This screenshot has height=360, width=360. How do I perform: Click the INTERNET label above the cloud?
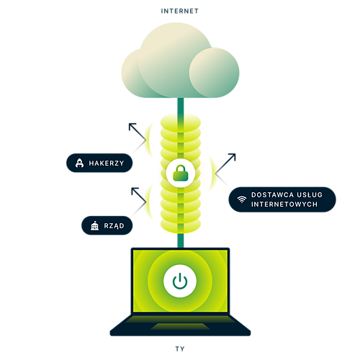[x=179, y=11]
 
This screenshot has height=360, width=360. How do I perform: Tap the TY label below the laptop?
[x=180, y=348]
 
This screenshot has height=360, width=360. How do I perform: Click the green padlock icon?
[x=181, y=173]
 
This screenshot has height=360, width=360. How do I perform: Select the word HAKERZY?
[x=107, y=163]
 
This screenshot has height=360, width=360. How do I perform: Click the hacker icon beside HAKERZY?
[x=79, y=163]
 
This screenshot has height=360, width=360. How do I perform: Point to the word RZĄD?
[x=114, y=226]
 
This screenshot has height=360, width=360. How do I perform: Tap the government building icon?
[x=94, y=225]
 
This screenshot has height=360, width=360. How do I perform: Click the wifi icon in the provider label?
[x=242, y=199]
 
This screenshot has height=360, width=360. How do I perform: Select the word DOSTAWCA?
[x=272, y=194]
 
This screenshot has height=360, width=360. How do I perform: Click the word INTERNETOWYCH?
[x=284, y=204]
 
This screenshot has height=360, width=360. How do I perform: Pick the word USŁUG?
[x=310, y=194]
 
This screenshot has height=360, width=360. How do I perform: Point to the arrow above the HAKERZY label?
[x=138, y=132]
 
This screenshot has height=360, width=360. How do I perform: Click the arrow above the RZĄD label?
[x=139, y=195]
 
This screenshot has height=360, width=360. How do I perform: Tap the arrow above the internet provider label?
[x=225, y=163]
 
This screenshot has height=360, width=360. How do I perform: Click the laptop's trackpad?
[x=180, y=326]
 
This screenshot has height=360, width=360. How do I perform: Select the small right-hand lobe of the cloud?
[x=214, y=73]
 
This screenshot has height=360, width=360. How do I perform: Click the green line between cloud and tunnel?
[x=181, y=106]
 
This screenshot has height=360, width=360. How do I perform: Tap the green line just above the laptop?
[x=181, y=240]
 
